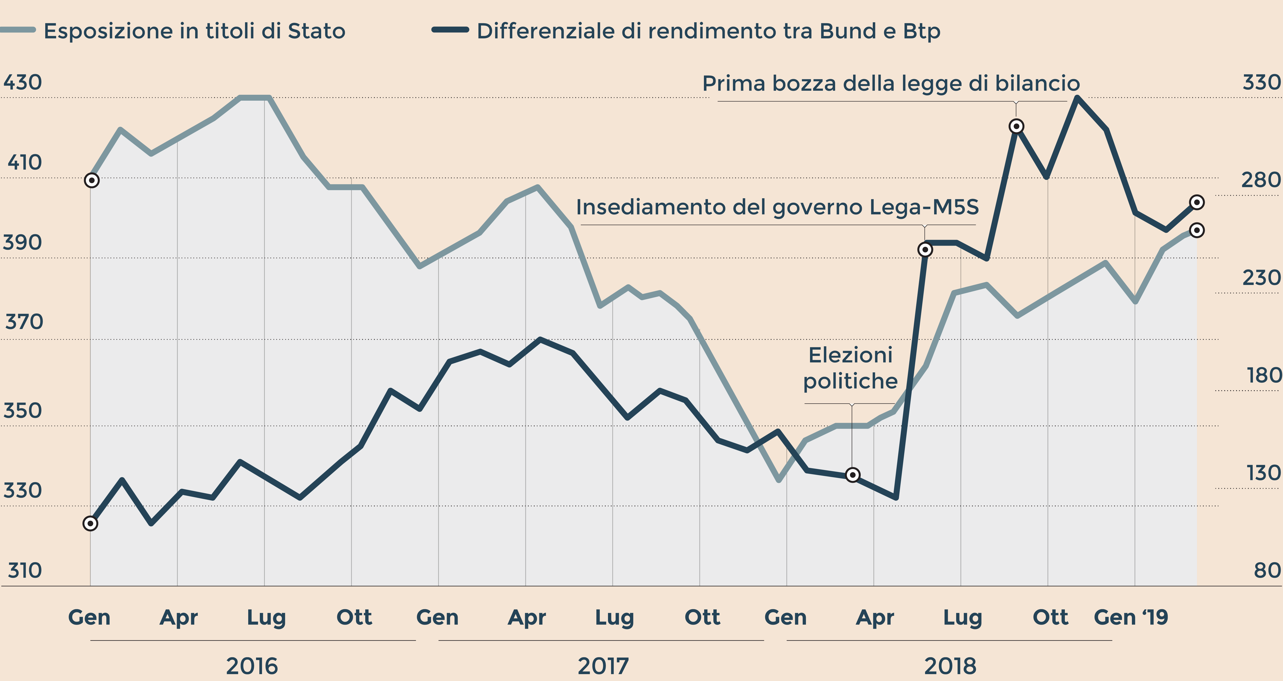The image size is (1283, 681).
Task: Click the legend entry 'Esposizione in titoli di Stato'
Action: click(x=194, y=31)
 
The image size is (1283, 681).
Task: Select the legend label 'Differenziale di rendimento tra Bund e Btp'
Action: click(x=708, y=31)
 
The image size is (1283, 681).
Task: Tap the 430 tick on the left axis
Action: click(x=23, y=82)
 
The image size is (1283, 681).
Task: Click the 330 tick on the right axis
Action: click(x=1261, y=82)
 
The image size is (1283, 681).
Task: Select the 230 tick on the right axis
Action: click(x=1261, y=277)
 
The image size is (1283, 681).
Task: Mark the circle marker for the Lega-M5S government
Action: click(x=925, y=250)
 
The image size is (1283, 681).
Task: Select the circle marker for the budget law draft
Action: click(x=1016, y=126)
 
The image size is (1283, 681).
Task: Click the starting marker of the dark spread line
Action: click(x=90, y=523)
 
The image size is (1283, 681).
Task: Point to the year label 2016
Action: click(x=252, y=666)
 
